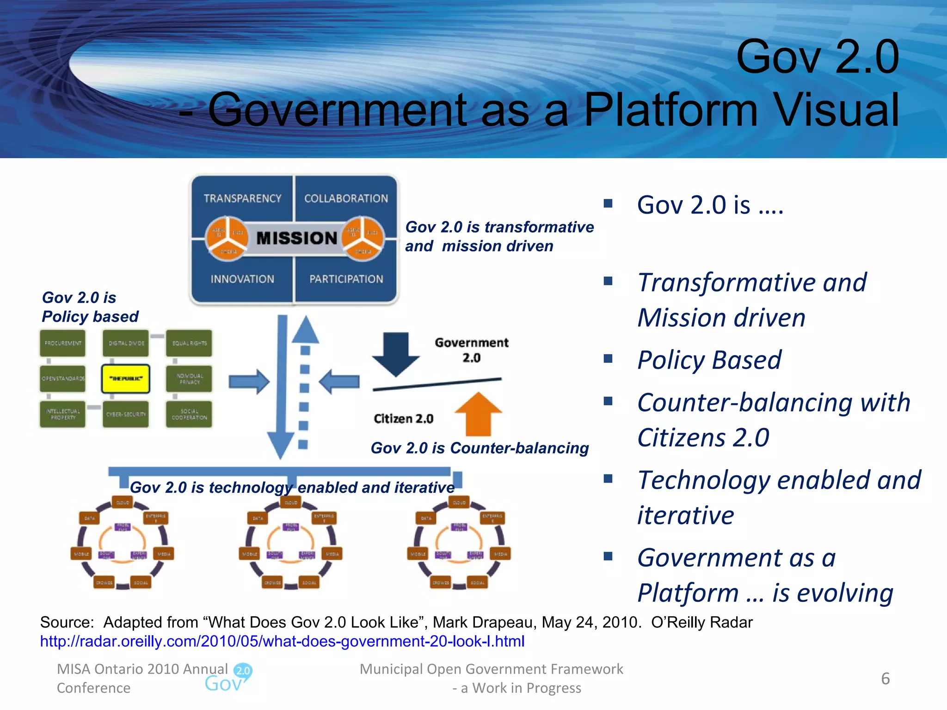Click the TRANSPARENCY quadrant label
pyautogui.click(x=242, y=198)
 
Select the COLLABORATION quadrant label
pyautogui.click(x=346, y=198)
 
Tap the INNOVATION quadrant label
pyautogui.click(x=242, y=279)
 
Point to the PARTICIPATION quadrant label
pyautogui.click(x=346, y=279)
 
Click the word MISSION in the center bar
pyautogui.click(x=296, y=238)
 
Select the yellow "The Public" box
pyautogui.click(x=126, y=379)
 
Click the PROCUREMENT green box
pyautogui.click(x=63, y=343)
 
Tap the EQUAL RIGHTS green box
pyautogui.click(x=189, y=343)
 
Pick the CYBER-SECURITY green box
pyautogui.click(x=126, y=414)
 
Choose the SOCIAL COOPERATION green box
pyautogui.click(x=189, y=414)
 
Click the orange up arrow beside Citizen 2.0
pyautogui.click(x=478, y=414)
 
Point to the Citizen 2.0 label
pyautogui.click(x=403, y=419)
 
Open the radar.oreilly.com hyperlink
pyautogui.click(x=282, y=641)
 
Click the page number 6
pyautogui.click(x=885, y=679)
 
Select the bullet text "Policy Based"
pyautogui.click(x=709, y=360)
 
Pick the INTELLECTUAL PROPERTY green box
pyautogui.click(x=63, y=414)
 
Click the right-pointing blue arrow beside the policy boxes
pyautogui.click(x=249, y=382)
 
